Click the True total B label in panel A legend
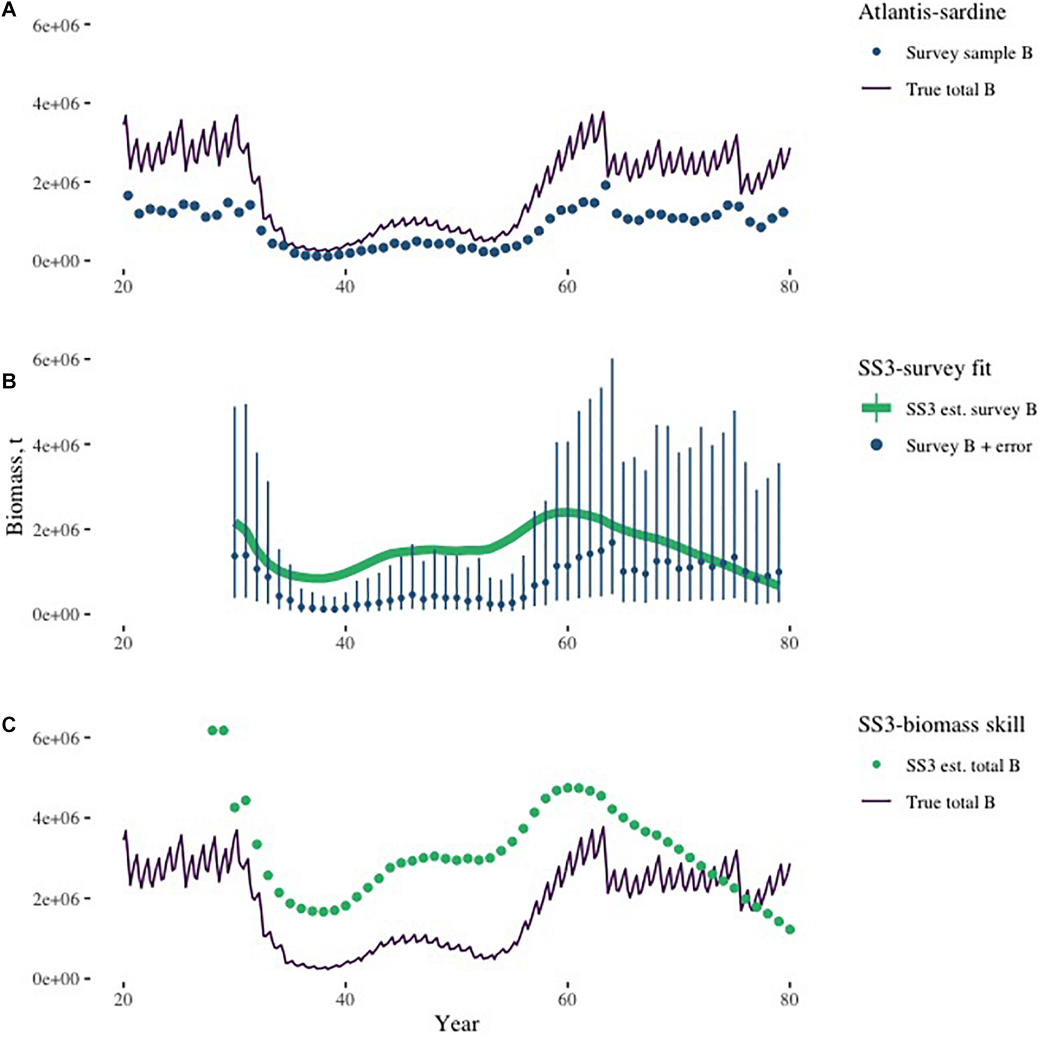pyautogui.click(x=950, y=90)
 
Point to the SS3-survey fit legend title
pyautogui.click(x=924, y=369)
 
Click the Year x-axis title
pyautogui.click(x=457, y=1023)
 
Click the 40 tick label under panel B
pyautogui.click(x=345, y=644)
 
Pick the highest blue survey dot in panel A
pyautogui.click(x=605, y=185)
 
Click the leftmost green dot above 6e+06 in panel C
pyautogui.click(x=212, y=730)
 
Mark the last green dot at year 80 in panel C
pyautogui.click(x=790, y=930)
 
